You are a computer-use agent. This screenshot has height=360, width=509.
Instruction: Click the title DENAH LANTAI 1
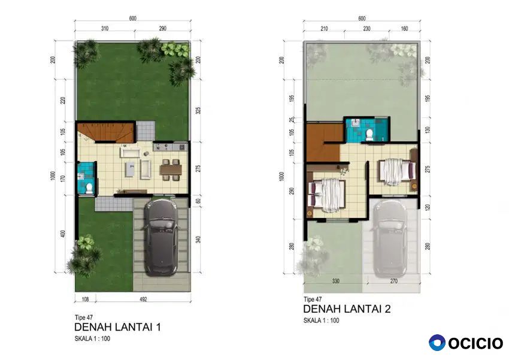(117, 326)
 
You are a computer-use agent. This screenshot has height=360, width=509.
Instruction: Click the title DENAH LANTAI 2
(347, 308)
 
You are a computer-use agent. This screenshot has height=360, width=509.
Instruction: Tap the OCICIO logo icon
(437, 343)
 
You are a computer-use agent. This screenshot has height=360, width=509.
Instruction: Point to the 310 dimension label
(105, 29)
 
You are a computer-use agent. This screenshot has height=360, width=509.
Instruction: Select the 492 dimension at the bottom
(143, 299)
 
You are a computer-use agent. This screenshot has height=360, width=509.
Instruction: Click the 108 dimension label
(85, 299)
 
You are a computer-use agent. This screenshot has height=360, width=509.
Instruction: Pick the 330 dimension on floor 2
(336, 281)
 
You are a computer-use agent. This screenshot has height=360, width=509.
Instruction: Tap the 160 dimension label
(404, 29)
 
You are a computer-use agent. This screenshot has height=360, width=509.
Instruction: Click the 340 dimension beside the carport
(198, 240)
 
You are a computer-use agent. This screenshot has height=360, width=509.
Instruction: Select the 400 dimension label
(63, 234)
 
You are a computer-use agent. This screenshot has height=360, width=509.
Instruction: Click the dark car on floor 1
(160, 237)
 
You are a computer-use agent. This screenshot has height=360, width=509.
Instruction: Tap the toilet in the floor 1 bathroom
(89, 188)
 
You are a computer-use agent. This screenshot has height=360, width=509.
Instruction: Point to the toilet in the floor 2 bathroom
(369, 135)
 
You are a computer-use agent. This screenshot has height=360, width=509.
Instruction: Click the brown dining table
(171, 170)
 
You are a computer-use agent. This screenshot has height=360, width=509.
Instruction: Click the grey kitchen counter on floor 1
(171, 147)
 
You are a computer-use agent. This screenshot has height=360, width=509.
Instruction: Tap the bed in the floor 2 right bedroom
(396, 172)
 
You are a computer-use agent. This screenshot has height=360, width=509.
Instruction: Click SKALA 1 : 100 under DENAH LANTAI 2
(322, 320)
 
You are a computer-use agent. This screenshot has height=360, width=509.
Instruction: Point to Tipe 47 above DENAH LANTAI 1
(84, 317)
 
